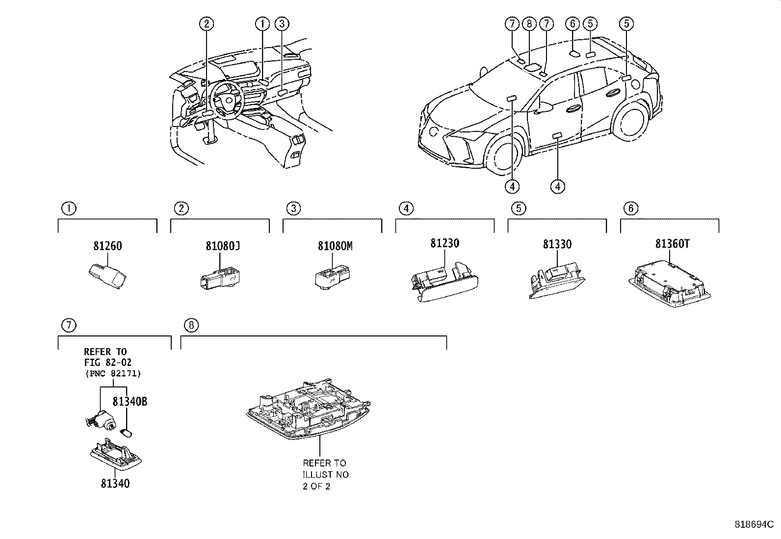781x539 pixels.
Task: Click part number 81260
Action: [x=107, y=246]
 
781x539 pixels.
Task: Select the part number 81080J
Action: [x=222, y=246]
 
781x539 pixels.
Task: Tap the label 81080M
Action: [x=335, y=246]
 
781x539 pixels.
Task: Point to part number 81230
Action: [x=445, y=243]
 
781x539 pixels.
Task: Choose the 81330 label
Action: [x=557, y=244]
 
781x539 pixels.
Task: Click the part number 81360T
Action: [x=672, y=244]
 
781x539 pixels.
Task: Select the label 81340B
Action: [x=130, y=401]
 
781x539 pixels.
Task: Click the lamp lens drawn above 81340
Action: [x=116, y=452]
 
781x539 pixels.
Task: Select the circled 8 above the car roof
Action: [x=528, y=23]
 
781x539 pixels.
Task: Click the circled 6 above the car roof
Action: [x=572, y=23]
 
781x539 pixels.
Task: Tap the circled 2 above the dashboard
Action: [x=207, y=23]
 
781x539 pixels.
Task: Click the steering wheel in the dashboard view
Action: [x=226, y=100]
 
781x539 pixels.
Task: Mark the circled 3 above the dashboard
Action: [x=281, y=23]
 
